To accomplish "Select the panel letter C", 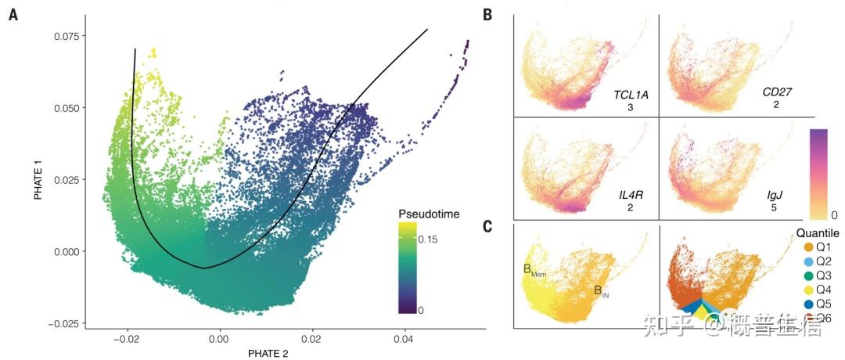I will pyautogui.click(x=487, y=228).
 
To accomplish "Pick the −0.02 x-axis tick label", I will pyautogui.click(x=126, y=340).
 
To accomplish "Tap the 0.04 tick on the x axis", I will pyautogui.click(x=405, y=340).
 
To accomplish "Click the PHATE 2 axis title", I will pyautogui.click(x=269, y=354).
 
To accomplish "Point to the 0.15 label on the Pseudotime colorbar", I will pyautogui.click(x=428, y=240).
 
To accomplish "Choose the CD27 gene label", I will pyautogui.click(x=777, y=92).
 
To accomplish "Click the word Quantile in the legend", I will pyautogui.click(x=818, y=233).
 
